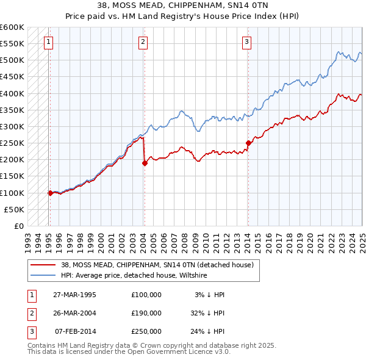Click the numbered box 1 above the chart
(48, 42)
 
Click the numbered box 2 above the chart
(142, 42)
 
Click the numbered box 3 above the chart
(246, 42)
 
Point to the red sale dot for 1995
(50, 193)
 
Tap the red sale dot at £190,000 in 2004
(145, 163)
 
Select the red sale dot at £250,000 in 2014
(248, 143)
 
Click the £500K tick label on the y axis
(12, 60)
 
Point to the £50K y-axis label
(15, 209)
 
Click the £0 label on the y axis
(18, 226)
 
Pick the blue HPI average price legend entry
(134, 276)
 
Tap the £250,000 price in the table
(146, 332)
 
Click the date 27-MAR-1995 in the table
(75, 295)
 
